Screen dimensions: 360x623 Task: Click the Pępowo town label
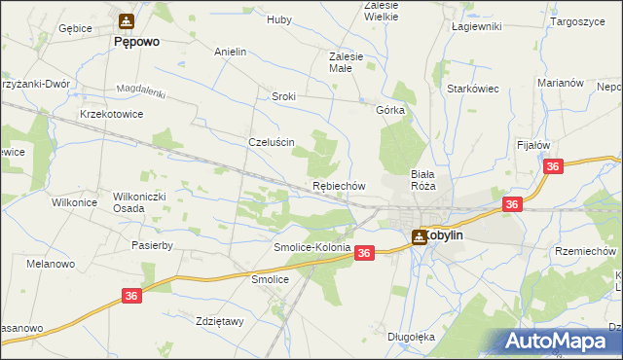(x=136, y=43)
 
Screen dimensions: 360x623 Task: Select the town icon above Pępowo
(x=127, y=21)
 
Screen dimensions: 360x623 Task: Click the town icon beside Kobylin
(x=419, y=234)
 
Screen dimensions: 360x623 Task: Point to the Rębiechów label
(x=339, y=185)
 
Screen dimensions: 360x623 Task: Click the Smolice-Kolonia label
(x=311, y=248)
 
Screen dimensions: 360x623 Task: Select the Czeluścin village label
(x=272, y=141)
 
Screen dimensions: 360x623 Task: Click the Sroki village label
(x=283, y=97)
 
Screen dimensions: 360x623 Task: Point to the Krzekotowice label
(x=113, y=114)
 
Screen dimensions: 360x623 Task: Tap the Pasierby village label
(x=152, y=246)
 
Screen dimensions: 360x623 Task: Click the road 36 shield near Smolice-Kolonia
(x=364, y=253)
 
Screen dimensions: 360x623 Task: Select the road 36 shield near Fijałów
(x=553, y=167)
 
